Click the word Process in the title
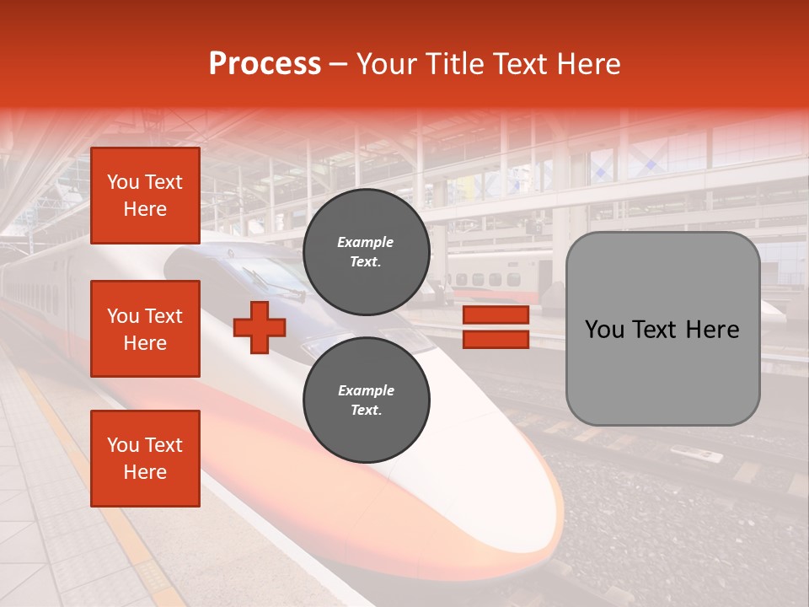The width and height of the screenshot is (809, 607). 265,64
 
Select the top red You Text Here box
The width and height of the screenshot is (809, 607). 145,196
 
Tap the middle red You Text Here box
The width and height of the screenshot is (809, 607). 145,329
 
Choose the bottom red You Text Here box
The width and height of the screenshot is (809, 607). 145,459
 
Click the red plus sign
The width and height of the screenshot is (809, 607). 260,327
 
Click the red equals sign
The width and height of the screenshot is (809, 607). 496,327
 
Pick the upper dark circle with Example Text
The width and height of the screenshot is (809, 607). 366,251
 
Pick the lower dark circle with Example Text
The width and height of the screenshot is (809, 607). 366,400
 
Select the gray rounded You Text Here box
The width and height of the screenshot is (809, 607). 662,329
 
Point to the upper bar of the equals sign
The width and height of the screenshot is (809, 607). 496,315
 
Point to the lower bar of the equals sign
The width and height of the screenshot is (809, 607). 496,339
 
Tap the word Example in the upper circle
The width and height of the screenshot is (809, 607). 366,242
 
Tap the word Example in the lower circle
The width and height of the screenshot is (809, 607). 366,390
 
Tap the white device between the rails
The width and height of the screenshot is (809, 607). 696,454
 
